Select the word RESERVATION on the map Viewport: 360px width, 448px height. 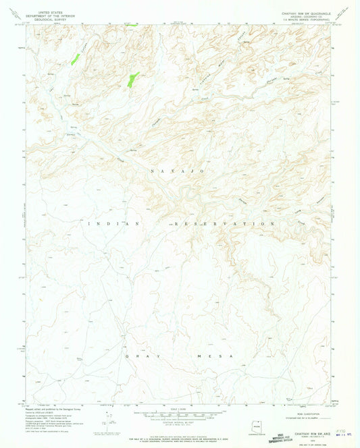pos(216,223)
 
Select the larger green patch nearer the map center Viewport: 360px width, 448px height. pos(132,80)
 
